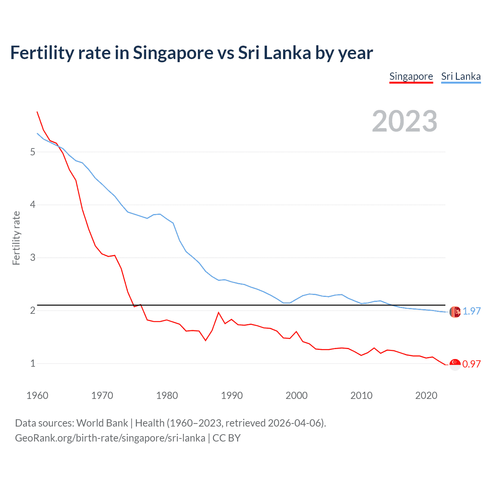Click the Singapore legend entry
pos(411,76)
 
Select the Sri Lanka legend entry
pos(461,76)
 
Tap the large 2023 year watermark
pos(404,121)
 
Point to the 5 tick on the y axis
pos(33,152)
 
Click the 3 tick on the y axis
pos(33,257)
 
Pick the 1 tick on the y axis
pos(33,363)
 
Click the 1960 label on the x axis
pos(37,395)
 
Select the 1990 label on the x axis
pos(232,395)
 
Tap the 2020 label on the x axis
pos(426,395)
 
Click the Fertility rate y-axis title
pos(16,238)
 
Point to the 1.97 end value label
pos(471,311)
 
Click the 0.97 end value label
pos(471,364)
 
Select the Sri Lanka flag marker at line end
pos(455,312)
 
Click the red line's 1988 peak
pos(219,312)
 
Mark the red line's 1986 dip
pos(206,340)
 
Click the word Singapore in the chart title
pos(173,53)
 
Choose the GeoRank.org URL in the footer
pos(110,438)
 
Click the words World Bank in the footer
pos(102,423)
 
